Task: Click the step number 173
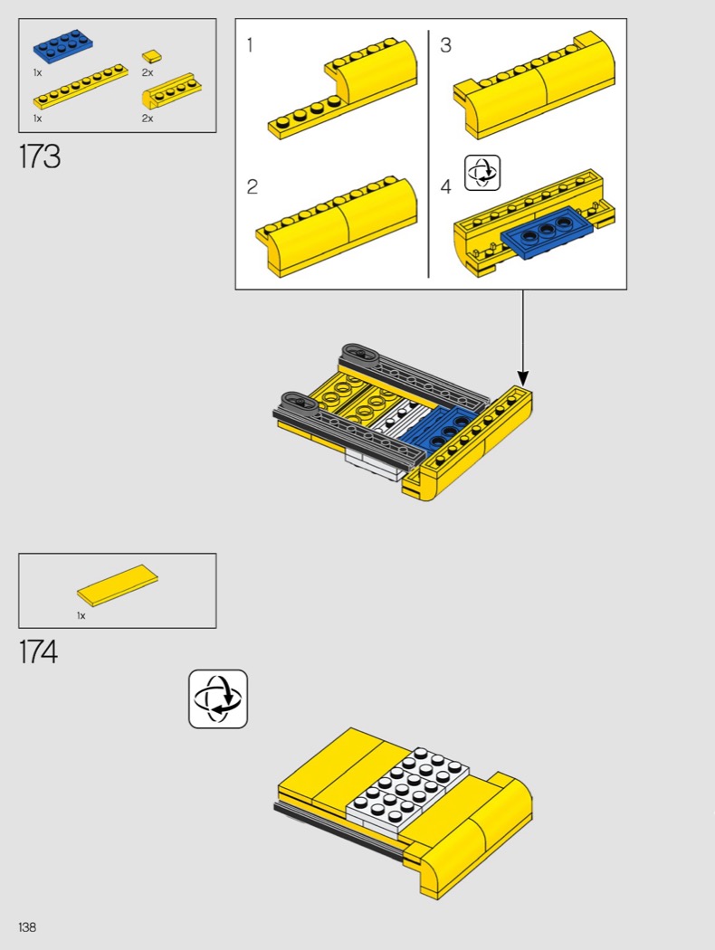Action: [x=40, y=157]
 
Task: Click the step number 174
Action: [x=39, y=652]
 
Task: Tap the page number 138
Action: [x=27, y=927]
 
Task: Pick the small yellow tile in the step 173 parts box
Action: [x=152, y=56]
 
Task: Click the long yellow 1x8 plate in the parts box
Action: [x=80, y=85]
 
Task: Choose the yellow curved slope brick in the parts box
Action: [x=171, y=90]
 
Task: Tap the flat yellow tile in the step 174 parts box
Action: [x=118, y=585]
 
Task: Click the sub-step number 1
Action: [x=250, y=45]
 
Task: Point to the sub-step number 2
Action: [x=253, y=186]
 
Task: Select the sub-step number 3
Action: [x=445, y=45]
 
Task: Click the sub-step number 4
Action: [x=446, y=186]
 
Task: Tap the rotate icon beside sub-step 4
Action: [x=482, y=173]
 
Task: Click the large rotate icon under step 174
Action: [x=218, y=698]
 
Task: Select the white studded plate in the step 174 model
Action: [x=407, y=786]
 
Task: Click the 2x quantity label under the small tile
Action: [x=148, y=72]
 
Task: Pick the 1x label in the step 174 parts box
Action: [x=81, y=615]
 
